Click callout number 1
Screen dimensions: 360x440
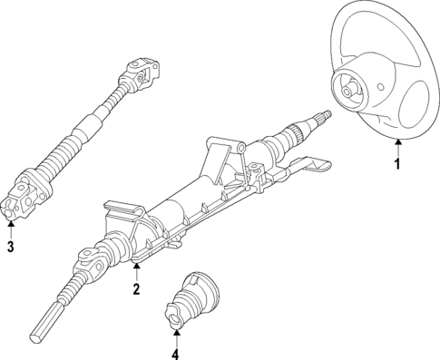(x=396, y=165)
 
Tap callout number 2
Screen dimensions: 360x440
(x=136, y=290)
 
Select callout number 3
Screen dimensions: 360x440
(x=10, y=246)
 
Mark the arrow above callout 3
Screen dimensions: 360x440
(x=10, y=228)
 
